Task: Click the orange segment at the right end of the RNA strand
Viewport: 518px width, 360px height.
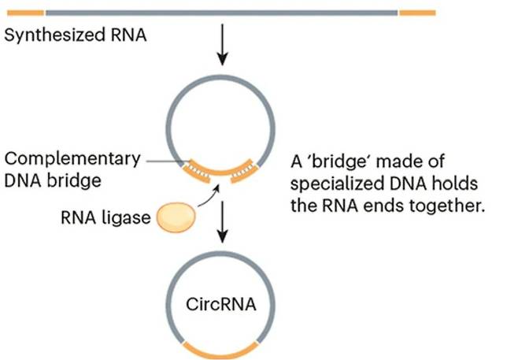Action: tap(417, 13)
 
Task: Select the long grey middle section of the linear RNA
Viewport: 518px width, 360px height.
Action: tap(221, 13)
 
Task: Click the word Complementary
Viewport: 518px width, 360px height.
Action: tap(72, 158)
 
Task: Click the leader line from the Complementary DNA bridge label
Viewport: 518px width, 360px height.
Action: tap(161, 161)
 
